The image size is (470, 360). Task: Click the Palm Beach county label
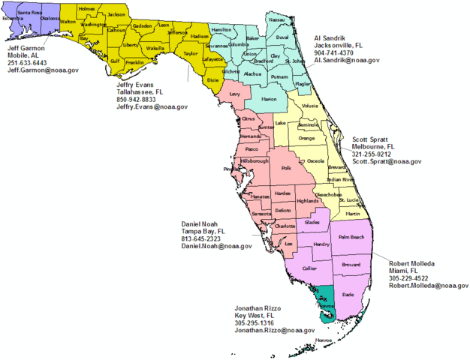tap(351, 238)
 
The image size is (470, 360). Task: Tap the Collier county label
tap(309, 268)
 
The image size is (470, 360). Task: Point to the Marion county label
tap(269, 100)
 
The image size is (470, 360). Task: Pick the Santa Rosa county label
tap(29, 13)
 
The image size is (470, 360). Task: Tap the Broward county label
tap(351, 265)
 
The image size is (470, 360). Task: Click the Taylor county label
tap(191, 53)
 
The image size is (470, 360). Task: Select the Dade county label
tap(347, 295)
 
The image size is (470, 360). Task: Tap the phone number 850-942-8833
tap(137, 99)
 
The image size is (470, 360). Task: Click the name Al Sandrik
tap(331, 37)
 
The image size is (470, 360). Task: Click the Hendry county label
tap(321, 244)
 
